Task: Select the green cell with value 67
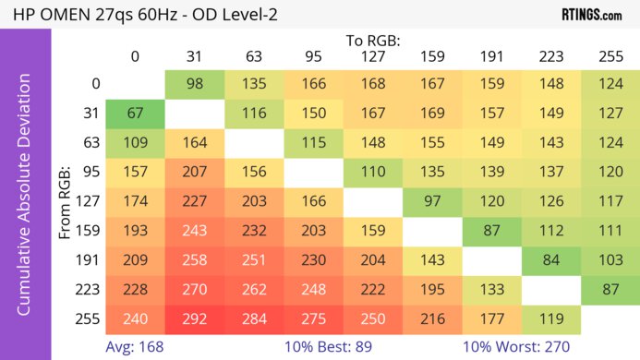(x=134, y=114)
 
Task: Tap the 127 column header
(x=372, y=57)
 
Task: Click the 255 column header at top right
(x=610, y=57)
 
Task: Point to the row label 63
(x=91, y=145)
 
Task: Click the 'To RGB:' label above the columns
(x=373, y=40)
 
